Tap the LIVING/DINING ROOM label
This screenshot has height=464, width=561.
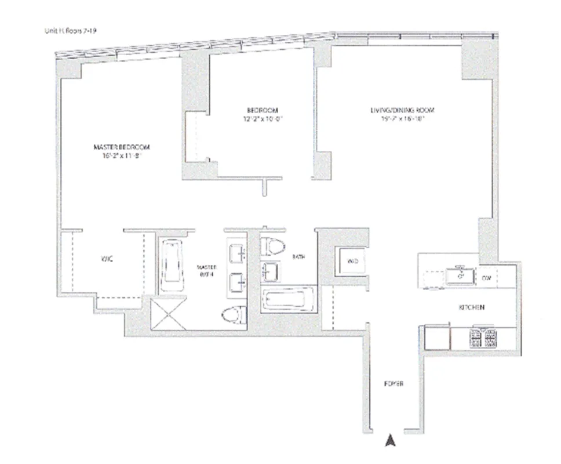point(402,110)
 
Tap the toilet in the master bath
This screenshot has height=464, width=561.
point(234,316)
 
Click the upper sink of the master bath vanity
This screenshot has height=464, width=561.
point(238,253)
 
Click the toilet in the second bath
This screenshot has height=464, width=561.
point(273,246)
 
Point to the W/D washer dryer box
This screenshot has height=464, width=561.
point(352,262)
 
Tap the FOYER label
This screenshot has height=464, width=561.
point(394,384)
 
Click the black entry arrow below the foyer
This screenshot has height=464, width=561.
point(391,441)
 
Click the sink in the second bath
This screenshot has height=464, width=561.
point(271,271)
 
